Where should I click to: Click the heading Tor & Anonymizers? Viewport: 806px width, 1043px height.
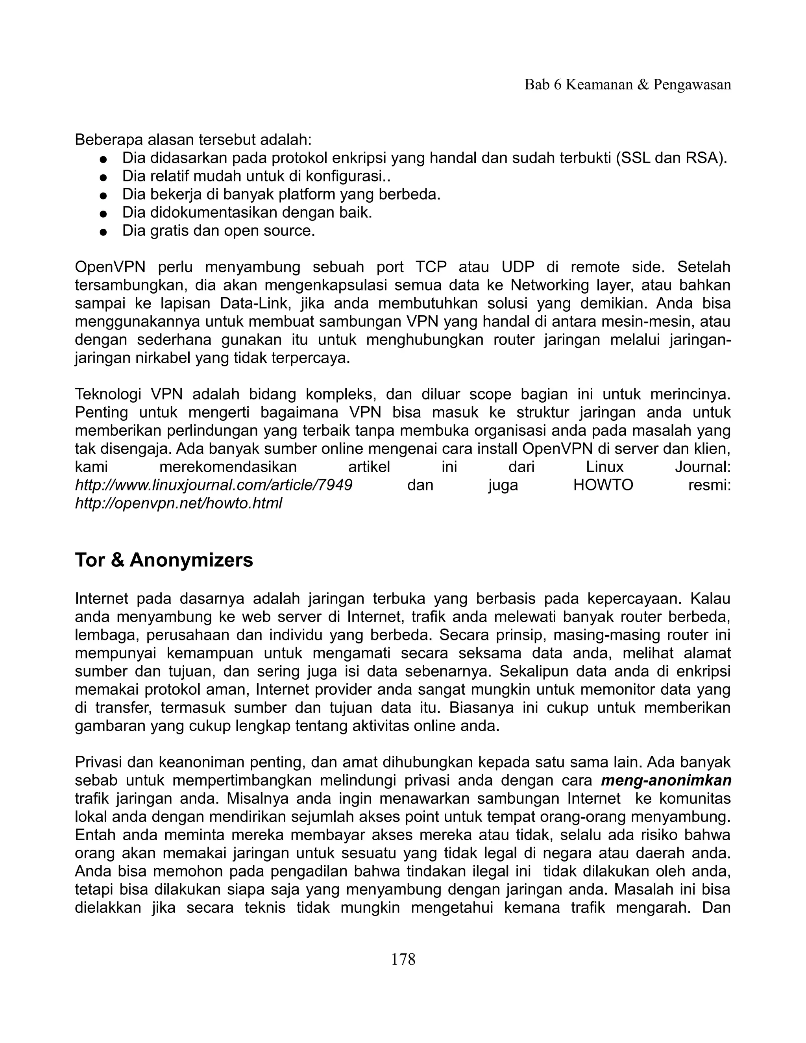(164, 560)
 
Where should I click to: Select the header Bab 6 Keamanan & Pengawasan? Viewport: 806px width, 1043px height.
(627, 85)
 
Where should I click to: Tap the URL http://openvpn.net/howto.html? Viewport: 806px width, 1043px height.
(179, 503)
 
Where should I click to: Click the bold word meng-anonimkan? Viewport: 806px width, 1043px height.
(666, 780)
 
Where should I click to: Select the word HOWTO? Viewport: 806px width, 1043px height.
(603, 485)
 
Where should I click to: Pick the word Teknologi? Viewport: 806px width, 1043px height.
(108, 394)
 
